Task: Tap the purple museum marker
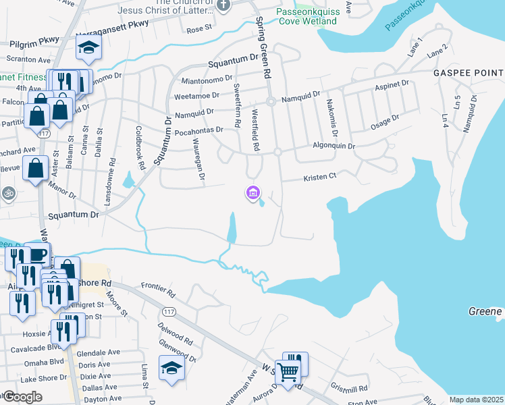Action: click(x=253, y=194)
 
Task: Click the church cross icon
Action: click(x=225, y=5)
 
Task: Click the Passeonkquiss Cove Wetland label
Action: click(x=307, y=17)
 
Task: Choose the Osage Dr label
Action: click(x=385, y=122)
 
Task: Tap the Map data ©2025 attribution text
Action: click(x=475, y=400)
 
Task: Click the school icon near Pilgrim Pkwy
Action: click(x=88, y=49)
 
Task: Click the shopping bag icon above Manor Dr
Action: click(x=34, y=168)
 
